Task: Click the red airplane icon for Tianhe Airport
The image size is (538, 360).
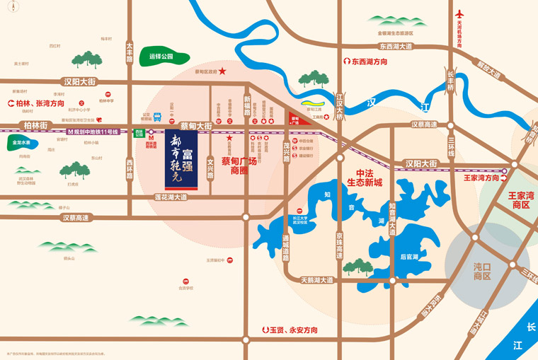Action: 459,13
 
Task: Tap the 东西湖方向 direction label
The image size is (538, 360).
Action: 369,62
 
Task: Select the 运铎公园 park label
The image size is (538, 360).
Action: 161,57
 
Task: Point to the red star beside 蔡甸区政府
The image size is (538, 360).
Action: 222,71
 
